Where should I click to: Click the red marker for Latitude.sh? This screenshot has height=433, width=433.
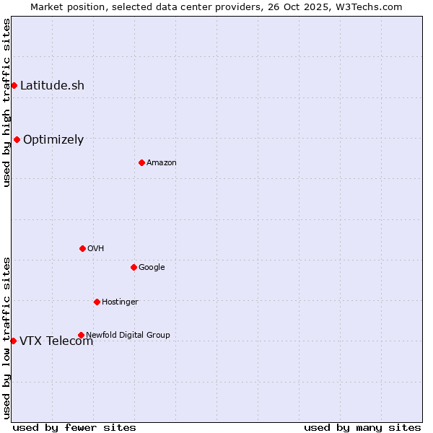click(x=14, y=85)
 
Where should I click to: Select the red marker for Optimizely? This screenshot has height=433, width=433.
click(x=17, y=139)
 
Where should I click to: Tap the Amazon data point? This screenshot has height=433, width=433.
click(x=141, y=162)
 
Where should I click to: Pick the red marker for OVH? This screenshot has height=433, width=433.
click(x=82, y=248)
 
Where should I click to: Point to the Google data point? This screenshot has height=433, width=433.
click(x=134, y=267)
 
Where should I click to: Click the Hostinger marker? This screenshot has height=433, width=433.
click(x=97, y=302)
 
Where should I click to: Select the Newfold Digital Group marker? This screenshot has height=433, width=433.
click(x=81, y=335)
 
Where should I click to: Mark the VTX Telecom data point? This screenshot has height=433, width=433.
click(x=13, y=341)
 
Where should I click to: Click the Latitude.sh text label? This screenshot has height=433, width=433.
click(x=52, y=85)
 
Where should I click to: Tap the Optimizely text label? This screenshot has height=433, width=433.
click(x=53, y=139)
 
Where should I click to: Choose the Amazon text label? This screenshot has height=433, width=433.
click(x=162, y=162)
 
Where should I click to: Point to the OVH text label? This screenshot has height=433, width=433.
click(x=96, y=248)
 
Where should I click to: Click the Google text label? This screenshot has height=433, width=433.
click(x=152, y=267)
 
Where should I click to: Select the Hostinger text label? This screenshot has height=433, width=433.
click(x=120, y=302)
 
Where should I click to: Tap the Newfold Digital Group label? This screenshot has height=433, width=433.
click(x=128, y=335)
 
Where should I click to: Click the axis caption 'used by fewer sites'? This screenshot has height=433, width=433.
click(x=74, y=427)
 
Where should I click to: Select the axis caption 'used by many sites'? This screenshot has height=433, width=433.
click(x=362, y=427)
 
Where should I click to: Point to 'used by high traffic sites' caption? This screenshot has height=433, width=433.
click(x=6, y=102)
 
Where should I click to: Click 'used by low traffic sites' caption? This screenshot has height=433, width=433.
click(x=6, y=338)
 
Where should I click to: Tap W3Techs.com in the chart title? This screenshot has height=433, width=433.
click(x=373, y=6)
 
